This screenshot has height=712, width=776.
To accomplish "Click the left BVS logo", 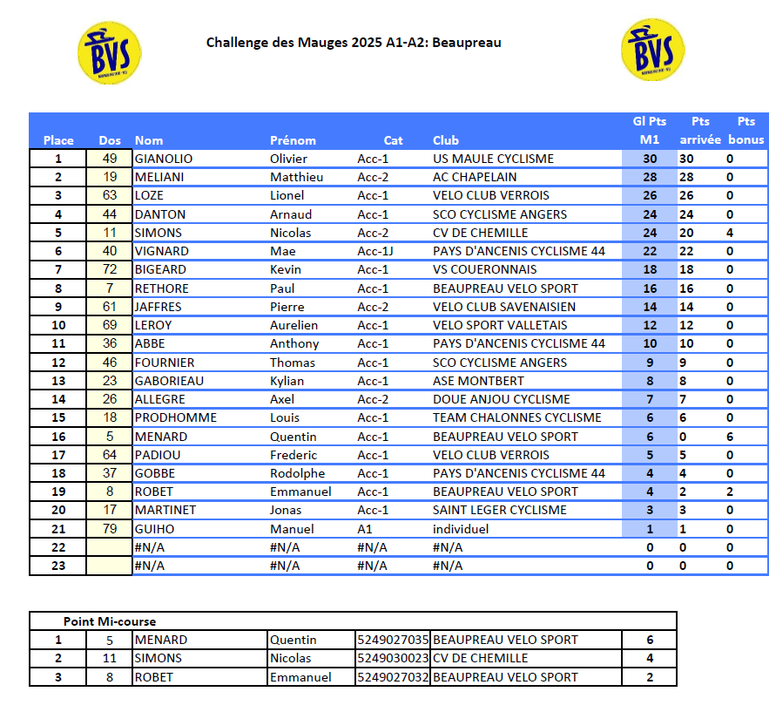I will [x=110, y=53].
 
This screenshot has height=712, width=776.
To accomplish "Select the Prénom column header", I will [x=293, y=140].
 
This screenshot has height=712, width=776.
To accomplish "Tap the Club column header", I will [x=445, y=140].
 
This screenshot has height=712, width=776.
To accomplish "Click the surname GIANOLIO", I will [x=164, y=159].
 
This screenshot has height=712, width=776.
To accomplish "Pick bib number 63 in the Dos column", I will [x=109, y=195].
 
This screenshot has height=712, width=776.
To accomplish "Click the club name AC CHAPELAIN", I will [x=475, y=177].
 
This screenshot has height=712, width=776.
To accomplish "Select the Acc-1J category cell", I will [x=375, y=251].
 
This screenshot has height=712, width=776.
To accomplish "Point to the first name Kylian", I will [x=287, y=381].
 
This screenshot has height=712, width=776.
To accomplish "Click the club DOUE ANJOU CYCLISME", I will [x=501, y=399].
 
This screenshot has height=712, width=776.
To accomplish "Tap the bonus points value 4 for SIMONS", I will [x=730, y=233].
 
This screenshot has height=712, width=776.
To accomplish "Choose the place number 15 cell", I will [x=58, y=417].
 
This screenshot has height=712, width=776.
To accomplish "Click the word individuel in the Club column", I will [x=461, y=529].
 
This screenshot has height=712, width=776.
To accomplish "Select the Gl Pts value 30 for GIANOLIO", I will [x=650, y=159].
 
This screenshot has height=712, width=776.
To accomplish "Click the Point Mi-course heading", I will [x=110, y=621].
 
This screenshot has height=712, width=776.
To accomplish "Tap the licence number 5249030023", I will [x=393, y=658].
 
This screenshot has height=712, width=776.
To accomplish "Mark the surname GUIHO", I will [x=154, y=529].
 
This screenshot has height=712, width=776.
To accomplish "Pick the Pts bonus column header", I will [x=746, y=131].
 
